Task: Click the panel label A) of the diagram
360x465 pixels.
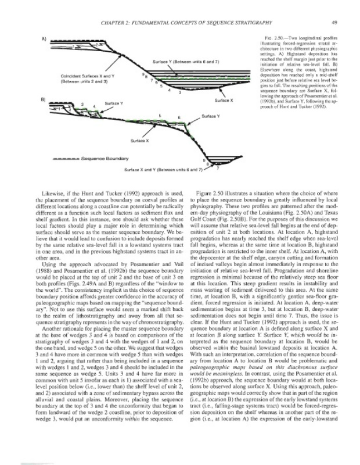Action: click(x=43, y=39)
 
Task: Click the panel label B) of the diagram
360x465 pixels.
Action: click(x=43, y=100)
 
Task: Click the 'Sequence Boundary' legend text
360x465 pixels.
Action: click(x=104, y=157)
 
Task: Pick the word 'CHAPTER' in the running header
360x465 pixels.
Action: click(x=117, y=23)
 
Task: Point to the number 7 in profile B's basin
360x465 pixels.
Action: click(x=217, y=168)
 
